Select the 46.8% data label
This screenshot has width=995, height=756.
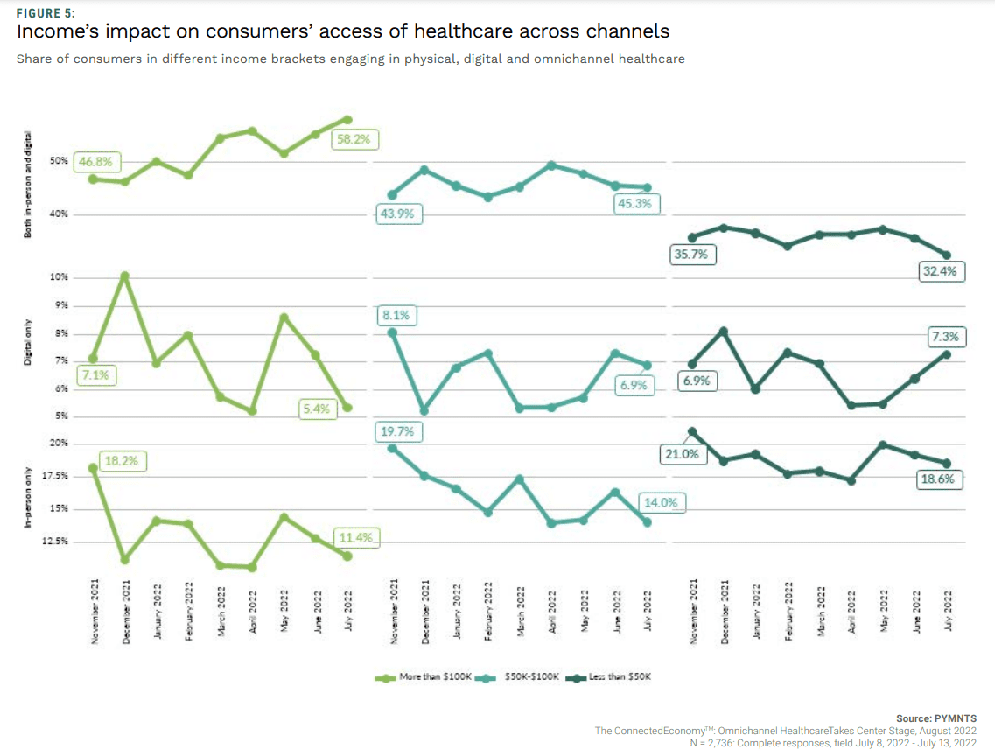click(x=97, y=162)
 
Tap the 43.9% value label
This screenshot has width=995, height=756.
click(x=399, y=214)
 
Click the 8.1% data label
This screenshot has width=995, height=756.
click(x=395, y=316)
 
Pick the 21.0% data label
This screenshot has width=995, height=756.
click(x=683, y=454)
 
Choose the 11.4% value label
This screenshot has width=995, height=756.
click(x=355, y=538)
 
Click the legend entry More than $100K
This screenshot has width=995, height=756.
click(x=436, y=677)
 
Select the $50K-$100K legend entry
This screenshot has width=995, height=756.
click(x=531, y=677)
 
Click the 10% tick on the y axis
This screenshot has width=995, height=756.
click(x=58, y=277)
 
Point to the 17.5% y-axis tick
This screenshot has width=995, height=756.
click(x=56, y=476)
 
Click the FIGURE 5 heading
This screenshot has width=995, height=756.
click(x=46, y=13)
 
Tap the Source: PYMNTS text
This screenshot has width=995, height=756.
click(x=935, y=717)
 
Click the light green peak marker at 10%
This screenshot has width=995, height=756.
click(x=125, y=276)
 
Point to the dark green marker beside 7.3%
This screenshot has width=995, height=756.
click(x=946, y=354)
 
